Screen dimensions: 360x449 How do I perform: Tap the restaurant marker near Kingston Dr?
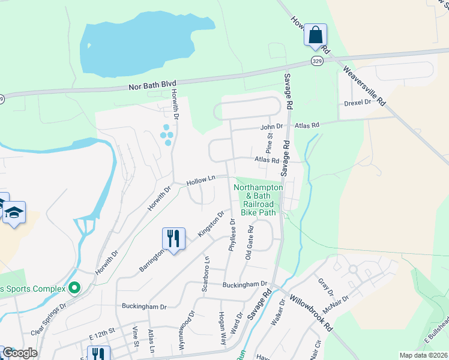[x=173, y=238]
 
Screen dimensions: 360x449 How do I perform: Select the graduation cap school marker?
[x=14, y=212]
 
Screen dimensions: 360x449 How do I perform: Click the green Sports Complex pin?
[x=74, y=289]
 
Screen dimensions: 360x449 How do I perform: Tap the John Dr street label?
[x=271, y=127]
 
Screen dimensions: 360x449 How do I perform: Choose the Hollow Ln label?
[x=200, y=180]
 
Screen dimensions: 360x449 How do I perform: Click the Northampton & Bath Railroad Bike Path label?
[x=258, y=200]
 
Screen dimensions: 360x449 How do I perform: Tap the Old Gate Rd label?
[x=251, y=242]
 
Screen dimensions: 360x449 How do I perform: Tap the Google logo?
[x=19, y=353]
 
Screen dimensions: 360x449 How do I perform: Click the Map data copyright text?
[x=424, y=355]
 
